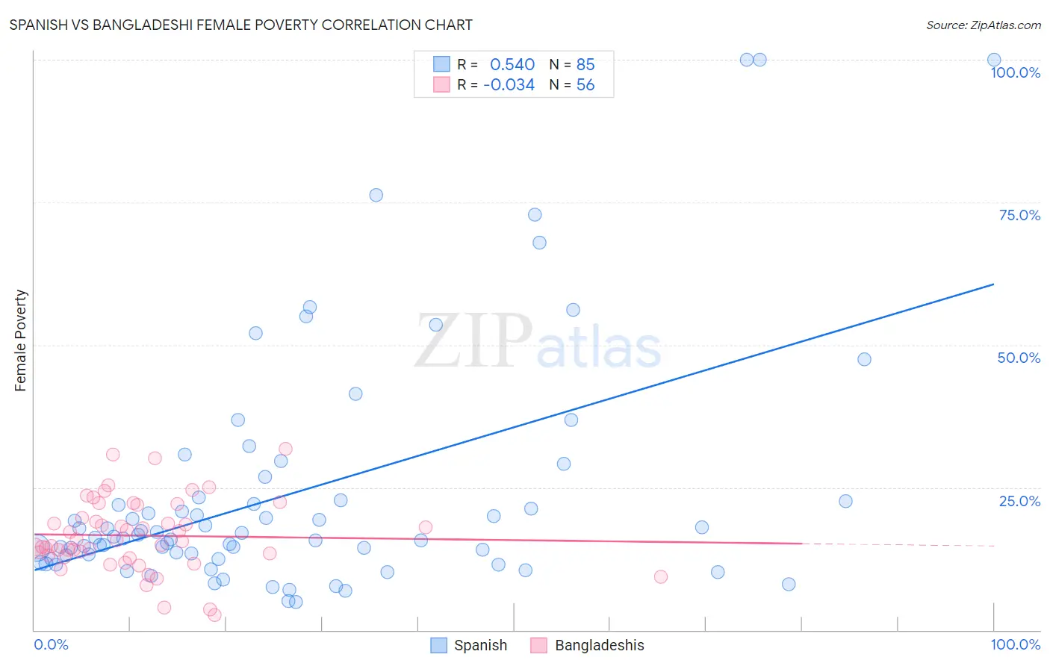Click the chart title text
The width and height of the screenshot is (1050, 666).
tap(240, 25)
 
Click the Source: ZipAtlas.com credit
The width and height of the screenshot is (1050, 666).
tap(983, 25)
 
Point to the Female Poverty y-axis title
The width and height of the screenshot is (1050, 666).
tap(21, 340)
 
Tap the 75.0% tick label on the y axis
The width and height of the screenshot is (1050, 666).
tap(1019, 215)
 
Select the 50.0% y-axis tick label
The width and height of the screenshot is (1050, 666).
tap(1019, 358)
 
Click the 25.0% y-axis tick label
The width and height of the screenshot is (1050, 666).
tap(1019, 501)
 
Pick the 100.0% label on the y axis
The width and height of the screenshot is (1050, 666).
tap(1015, 72)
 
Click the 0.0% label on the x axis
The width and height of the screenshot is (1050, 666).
tap(51, 644)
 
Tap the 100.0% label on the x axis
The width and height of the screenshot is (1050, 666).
tap(1015, 644)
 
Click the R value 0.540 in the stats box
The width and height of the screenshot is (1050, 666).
tap(512, 64)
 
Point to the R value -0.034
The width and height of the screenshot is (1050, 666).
tap(509, 85)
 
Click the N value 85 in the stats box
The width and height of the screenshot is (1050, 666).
tap(585, 64)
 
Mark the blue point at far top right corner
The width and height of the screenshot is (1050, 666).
tap(994, 60)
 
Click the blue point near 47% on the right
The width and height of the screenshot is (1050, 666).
tap(864, 359)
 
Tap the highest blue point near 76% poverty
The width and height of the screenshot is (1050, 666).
tap(376, 195)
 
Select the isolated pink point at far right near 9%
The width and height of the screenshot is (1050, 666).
tap(661, 576)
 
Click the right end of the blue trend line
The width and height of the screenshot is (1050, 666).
tap(993, 284)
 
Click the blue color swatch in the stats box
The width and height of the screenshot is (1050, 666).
tap(441, 64)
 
